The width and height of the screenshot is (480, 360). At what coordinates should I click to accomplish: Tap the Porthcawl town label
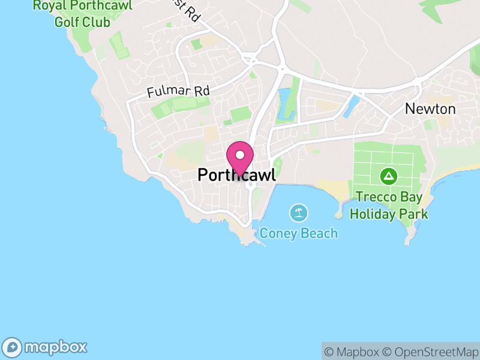pyautogui.click(x=236, y=175)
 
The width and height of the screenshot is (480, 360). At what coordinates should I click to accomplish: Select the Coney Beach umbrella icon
pyautogui.click(x=298, y=212)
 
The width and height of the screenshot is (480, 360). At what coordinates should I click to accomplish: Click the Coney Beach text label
pyautogui.click(x=298, y=233)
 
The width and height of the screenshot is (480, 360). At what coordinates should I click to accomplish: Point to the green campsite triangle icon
pyautogui.click(x=389, y=176)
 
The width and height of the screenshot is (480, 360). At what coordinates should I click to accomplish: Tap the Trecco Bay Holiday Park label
pyautogui.click(x=389, y=205)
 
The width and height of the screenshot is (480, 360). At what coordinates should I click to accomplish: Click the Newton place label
pyautogui.click(x=430, y=109)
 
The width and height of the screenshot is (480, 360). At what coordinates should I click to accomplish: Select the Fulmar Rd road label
pyautogui.click(x=178, y=92)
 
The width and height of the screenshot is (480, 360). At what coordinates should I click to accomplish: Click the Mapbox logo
pyautogui.click(x=46, y=347)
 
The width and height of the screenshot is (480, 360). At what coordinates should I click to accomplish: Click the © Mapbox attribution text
pyautogui.click(x=353, y=352)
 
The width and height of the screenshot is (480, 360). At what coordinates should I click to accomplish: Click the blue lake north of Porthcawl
pyautogui.click(x=285, y=103)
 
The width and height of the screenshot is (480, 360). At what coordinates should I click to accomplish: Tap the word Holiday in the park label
pyautogui.click(x=374, y=214)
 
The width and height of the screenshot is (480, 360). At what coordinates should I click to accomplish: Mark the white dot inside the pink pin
pyautogui.click(x=239, y=155)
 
